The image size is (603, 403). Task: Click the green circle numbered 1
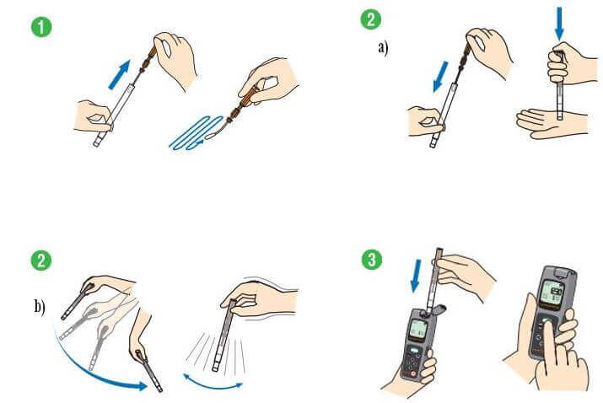(x=41, y=27)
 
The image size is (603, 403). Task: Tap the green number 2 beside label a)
(x=371, y=19)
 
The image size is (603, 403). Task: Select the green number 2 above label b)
(x=41, y=260)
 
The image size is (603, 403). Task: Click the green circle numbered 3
(x=372, y=260)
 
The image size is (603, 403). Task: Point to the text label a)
(x=383, y=48)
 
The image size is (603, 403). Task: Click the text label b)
(x=40, y=307)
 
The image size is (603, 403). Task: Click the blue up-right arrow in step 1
(x=119, y=74)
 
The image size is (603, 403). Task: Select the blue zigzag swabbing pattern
(x=197, y=132)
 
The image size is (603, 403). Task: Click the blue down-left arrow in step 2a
(x=441, y=77)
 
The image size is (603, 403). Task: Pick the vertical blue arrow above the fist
(x=559, y=24)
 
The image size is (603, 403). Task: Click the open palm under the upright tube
(x=551, y=123)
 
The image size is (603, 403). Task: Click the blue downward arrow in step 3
(x=416, y=276)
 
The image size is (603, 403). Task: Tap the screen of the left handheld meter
(x=417, y=329)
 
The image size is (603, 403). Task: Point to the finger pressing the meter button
(x=551, y=346)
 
